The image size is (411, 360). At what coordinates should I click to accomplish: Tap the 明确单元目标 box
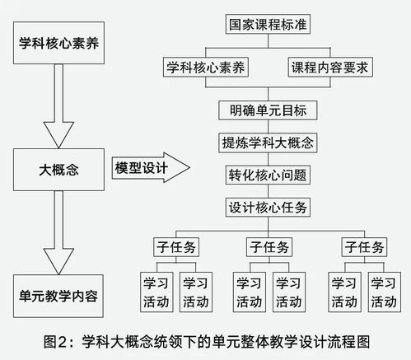click(268, 110)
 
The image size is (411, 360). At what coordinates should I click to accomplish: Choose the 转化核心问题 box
click(268, 175)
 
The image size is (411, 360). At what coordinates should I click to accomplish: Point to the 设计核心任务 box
click(268, 208)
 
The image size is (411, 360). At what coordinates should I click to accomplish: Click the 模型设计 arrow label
click(142, 168)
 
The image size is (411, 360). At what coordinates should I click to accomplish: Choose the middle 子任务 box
click(268, 247)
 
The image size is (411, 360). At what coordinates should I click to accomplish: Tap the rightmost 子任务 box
click(364, 247)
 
